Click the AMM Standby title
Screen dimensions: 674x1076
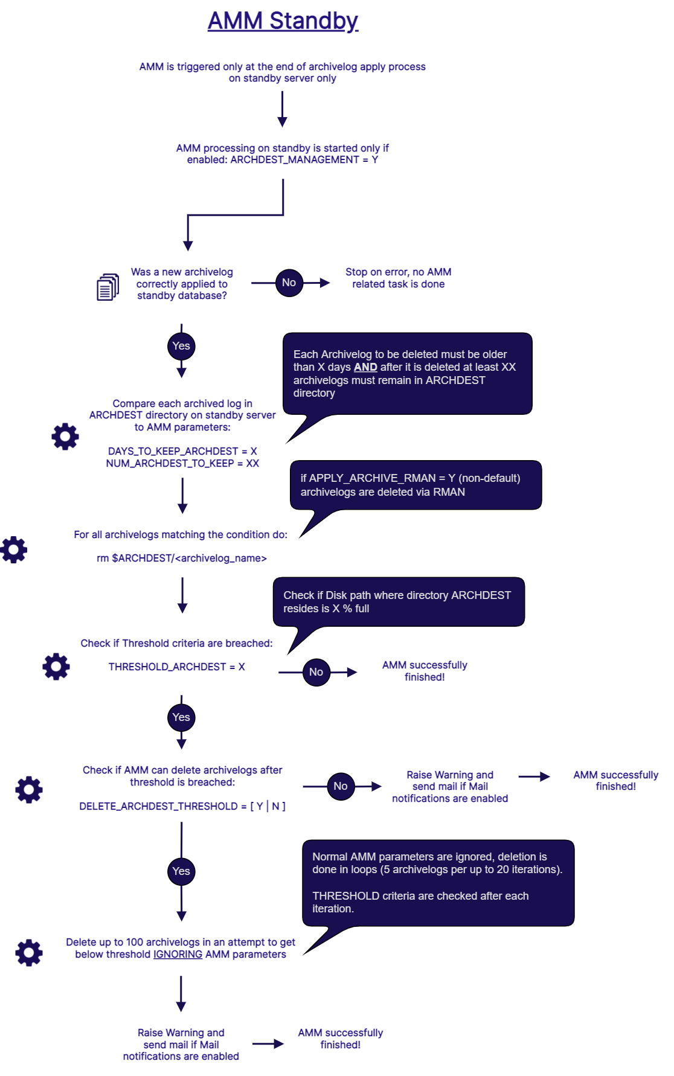click(283, 21)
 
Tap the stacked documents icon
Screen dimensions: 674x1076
click(108, 287)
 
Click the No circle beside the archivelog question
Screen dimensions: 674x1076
click(289, 283)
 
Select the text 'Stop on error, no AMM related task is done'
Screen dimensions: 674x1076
click(399, 278)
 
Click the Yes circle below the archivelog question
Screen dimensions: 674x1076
click(181, 346)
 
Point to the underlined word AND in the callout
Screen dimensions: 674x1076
click(365, 367)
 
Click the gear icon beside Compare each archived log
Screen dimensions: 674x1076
click(65, 437)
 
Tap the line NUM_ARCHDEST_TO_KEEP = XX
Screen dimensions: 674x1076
click(182, 463)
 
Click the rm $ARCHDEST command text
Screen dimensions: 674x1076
click(182, 558)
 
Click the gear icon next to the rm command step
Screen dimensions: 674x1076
click(14, 550)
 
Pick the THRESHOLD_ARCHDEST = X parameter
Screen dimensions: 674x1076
click(177, 667)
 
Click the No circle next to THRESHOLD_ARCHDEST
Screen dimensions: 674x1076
click(316, 672)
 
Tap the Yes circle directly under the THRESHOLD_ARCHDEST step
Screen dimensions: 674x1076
click(181, 717)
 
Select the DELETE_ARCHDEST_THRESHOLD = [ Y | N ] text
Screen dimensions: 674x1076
click(182, 806)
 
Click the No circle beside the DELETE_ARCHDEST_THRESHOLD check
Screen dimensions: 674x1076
click(341, 786)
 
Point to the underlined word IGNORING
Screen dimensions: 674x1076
click(178, 954)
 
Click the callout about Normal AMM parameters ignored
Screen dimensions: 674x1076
click(438, 883)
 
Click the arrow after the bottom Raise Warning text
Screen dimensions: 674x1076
click(268, 1044)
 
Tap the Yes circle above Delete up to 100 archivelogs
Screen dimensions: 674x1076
click(181, 871)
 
